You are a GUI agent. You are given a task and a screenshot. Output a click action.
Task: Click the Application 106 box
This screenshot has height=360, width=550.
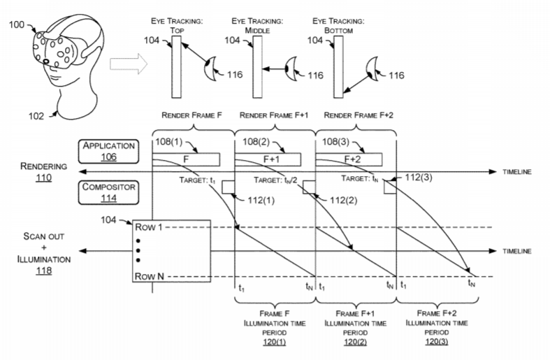(x=108, y=151)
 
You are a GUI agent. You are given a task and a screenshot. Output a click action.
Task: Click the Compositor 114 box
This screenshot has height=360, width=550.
(x=108, y=192)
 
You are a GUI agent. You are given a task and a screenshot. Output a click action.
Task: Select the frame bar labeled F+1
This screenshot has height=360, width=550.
(x=268, y=159)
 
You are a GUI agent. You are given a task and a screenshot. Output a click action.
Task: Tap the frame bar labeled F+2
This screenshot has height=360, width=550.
(x=349, y=159)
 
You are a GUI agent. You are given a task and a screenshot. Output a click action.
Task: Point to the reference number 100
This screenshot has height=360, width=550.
(x=16, y=24)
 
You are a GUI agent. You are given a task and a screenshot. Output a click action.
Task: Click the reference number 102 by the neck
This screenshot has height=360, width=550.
(x=36, y=116)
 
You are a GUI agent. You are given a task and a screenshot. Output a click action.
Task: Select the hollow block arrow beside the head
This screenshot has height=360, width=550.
(x=129, y=64)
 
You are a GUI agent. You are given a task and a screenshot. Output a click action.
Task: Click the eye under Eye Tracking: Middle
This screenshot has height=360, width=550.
(x=291, y=69)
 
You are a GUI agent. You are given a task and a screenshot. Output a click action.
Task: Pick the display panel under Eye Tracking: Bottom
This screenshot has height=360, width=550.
(x=338, y=66)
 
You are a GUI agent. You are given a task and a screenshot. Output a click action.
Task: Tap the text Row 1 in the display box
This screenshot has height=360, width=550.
(x=149, y=227)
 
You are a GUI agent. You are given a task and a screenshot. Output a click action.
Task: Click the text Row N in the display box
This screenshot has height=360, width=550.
(x=150, y=277)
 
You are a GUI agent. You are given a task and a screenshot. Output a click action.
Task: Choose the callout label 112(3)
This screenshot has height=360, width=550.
(x=419, y=177)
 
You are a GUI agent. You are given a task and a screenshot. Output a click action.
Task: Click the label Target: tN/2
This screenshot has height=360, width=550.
(x=276, y=180)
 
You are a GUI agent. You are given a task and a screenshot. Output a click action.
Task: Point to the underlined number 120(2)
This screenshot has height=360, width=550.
(x=355, y=342)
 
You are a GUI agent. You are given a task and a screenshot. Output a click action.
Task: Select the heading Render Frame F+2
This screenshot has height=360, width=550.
(x=359, y=115)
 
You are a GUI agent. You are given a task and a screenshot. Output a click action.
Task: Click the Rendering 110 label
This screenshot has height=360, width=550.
(x=43, y=171)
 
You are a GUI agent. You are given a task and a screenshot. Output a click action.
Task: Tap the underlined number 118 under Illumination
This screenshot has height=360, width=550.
(x=43, y=271)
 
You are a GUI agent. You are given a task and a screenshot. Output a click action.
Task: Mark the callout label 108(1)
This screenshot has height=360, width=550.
(x=168, y=141)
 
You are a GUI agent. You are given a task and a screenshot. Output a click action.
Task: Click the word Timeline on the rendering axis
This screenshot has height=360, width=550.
(x=516, y=172)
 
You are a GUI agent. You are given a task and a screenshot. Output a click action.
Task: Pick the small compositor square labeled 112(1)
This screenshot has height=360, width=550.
(x=228, y=187)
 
